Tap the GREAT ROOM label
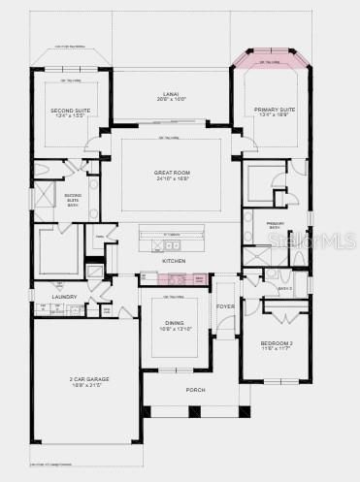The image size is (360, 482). click(x=170, y=174)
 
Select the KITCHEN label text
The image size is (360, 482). click(x=174, y=261)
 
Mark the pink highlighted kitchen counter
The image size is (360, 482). click(x=176, y=279)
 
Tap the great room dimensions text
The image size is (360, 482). click(x=170, y=180)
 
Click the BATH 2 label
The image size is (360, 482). click(x=285, y=288)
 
